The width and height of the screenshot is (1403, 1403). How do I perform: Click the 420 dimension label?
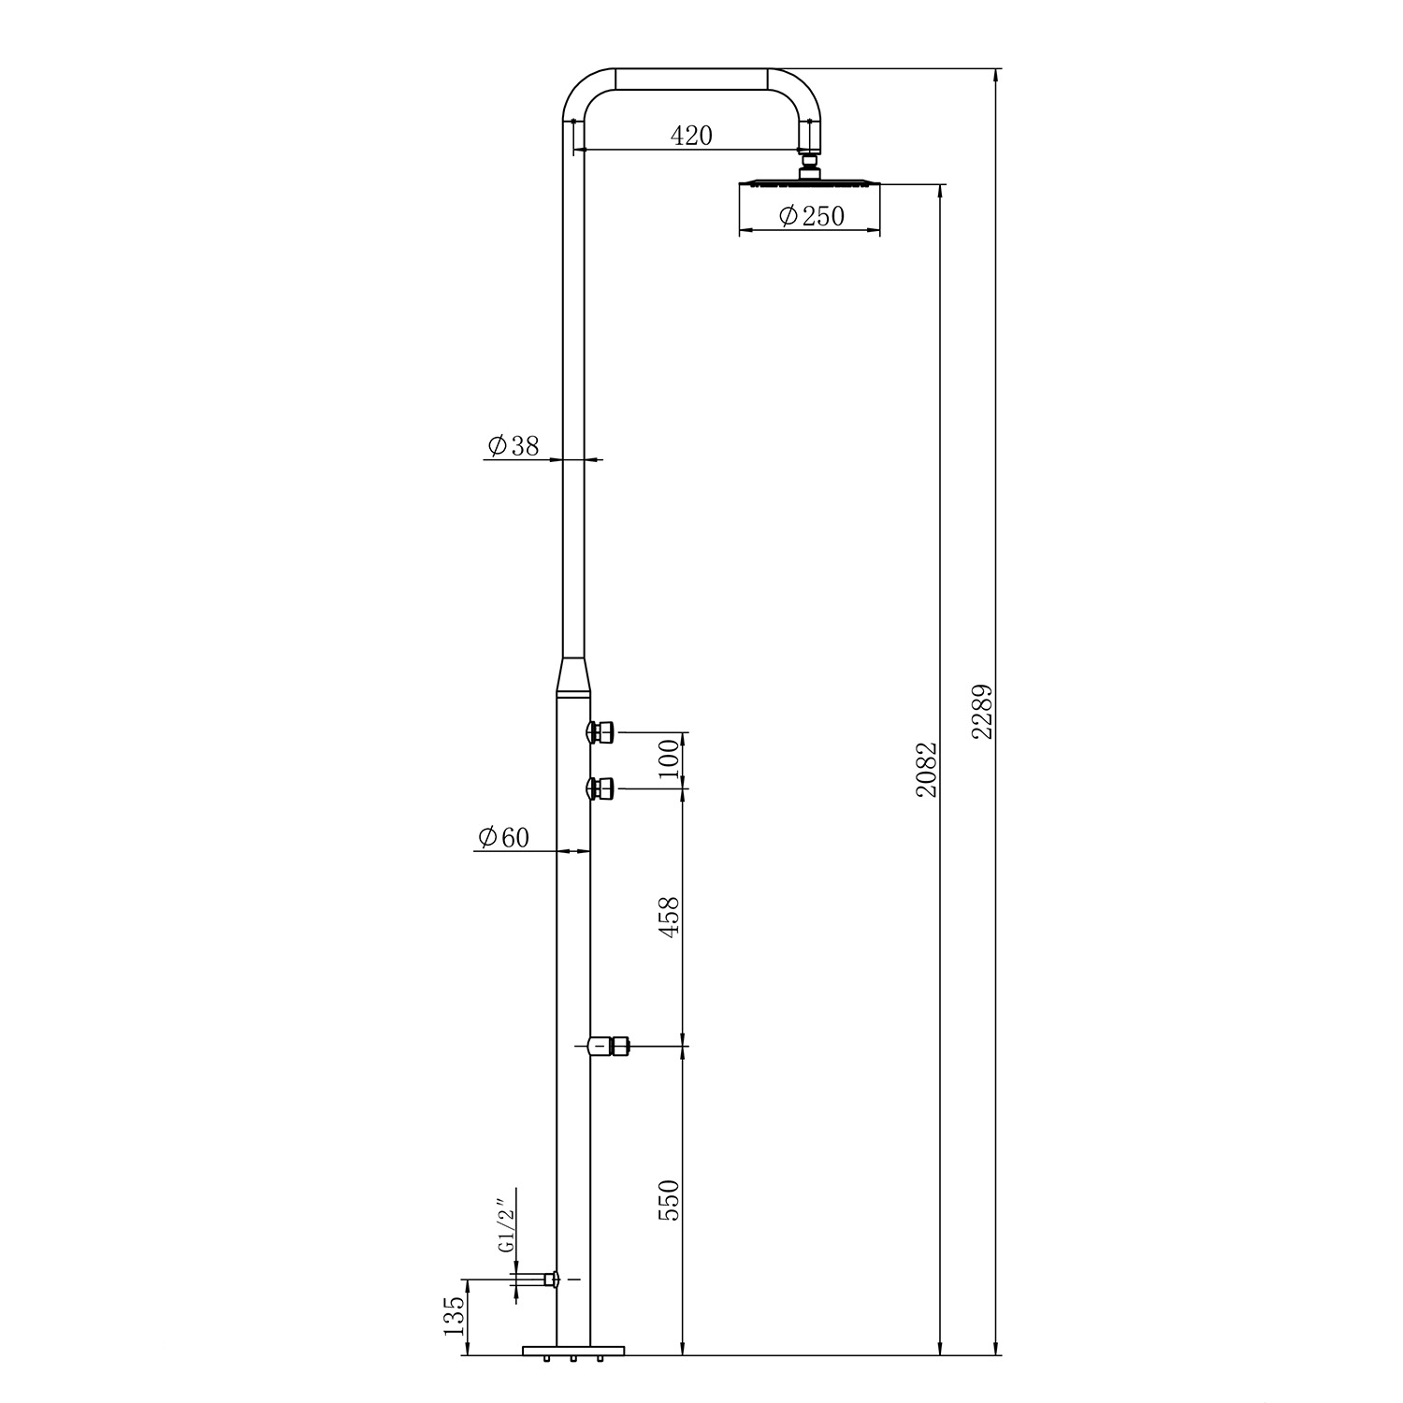[691, 136]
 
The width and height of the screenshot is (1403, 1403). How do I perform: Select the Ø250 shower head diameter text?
[810, 216]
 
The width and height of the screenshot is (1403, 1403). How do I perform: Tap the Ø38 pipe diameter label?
[513, 446]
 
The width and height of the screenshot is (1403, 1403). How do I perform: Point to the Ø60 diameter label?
[503, 837]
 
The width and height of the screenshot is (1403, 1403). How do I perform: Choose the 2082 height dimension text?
[926, 769]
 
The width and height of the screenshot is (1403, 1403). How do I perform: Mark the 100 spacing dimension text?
[668, 760]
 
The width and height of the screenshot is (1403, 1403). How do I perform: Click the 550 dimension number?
[668, 1200]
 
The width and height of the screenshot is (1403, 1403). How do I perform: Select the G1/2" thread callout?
[505, 1226]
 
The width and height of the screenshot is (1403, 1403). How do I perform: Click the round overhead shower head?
[810, 182]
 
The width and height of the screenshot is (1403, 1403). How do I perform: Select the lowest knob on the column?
[608, 1047]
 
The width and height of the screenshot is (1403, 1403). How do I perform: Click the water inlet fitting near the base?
[538, 1279]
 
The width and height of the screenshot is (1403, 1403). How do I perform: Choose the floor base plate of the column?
[573, 1350]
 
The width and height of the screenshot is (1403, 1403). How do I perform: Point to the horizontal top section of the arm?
[691, 80]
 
